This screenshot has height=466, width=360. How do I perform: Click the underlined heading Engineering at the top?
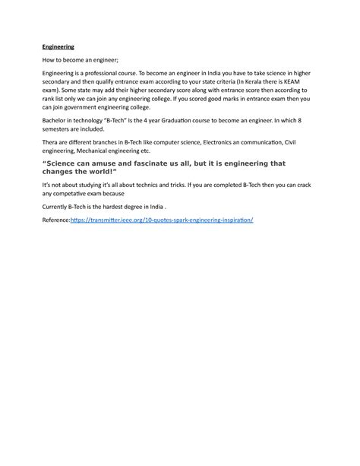pos(58,46)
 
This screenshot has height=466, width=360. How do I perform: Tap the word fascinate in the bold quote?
pos(159,163)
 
